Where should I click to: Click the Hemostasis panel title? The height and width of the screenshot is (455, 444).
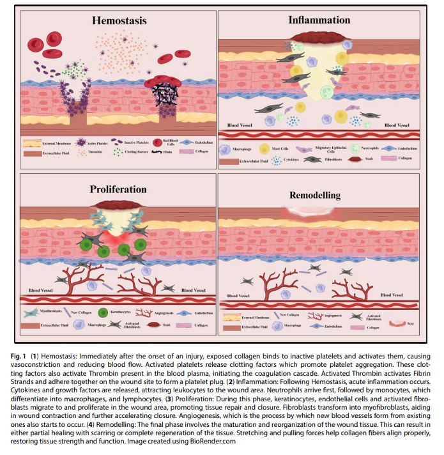point(119,20)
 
